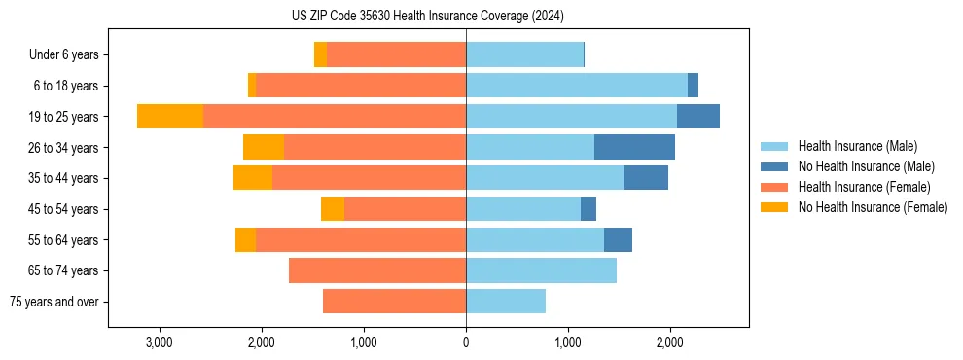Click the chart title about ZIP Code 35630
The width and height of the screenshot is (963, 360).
[x=428, y=17]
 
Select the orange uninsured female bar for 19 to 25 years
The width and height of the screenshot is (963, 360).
[x=170, y=117]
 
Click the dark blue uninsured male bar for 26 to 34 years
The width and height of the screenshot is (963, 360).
[x=634, y=147]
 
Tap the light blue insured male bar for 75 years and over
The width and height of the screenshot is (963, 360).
[x=506, y=302]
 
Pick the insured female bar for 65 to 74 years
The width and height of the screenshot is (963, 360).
[x=377, y=270]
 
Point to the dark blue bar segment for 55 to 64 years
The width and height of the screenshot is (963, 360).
[x=618, y=239]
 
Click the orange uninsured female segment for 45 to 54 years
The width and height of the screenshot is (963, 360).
[x=333, y=209]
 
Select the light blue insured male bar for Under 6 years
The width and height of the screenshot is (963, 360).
[x=524, y=54]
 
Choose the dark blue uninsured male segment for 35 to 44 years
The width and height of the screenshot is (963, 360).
[x=646, y=178]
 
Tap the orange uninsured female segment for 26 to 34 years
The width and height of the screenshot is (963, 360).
[x=264, y=147]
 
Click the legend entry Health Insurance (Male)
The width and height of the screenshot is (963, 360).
[x=857, y=146]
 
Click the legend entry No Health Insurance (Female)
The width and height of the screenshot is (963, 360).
[x=873, y=207]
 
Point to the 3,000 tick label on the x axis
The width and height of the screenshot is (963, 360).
[x=159, y=342]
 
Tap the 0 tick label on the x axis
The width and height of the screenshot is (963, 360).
[x=466, y=342]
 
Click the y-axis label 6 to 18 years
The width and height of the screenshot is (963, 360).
[x=66, y=86]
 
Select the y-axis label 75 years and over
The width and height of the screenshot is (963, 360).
[x=53, y=302]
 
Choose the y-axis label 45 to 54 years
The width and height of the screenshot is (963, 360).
[x=64, y=209]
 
